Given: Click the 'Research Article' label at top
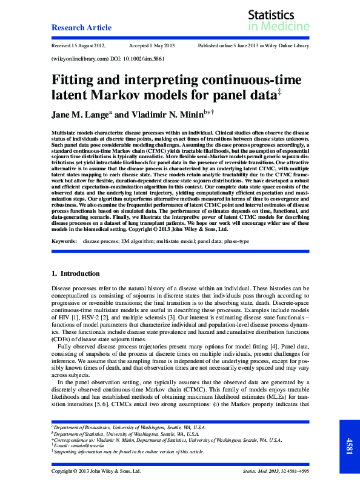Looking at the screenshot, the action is tap(81, 28).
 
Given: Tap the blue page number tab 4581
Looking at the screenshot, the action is tap(349, 442).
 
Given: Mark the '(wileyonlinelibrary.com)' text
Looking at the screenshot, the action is tap(78, 60).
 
